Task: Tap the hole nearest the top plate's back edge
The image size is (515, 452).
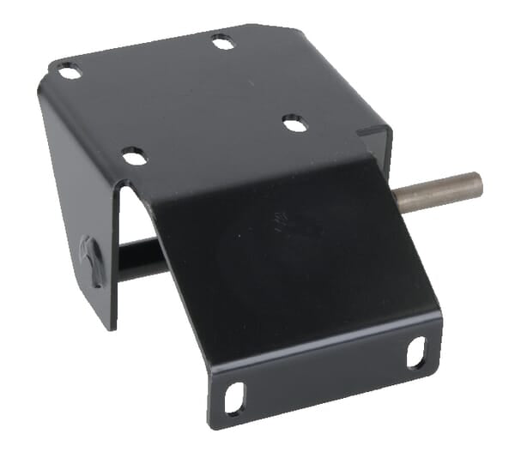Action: tap(222, 40)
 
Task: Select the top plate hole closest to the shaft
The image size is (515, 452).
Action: tap(294, 124)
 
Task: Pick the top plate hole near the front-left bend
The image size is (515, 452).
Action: tap(134, 155)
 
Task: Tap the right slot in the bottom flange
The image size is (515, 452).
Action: tap(415, 350)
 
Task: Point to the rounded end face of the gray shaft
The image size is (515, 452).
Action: tap(476, 183)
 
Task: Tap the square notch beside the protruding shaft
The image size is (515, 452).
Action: tap(375, 137)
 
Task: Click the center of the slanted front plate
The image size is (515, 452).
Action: tap(292, 257)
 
